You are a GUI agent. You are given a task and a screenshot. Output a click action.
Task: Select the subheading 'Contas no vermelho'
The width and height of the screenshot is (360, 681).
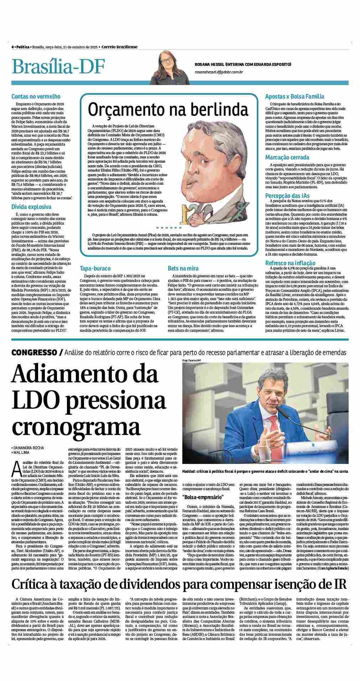click(36, 96)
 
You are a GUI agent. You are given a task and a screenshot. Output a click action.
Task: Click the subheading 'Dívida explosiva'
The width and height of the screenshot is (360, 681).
click(31, 207)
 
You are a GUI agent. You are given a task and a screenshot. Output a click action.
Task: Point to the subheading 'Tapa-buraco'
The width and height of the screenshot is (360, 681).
click(95, 268)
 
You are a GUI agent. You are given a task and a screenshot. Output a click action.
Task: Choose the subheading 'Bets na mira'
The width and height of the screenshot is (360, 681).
click(183, 268)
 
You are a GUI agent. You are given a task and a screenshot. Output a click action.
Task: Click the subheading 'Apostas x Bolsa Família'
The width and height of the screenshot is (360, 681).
click(294, 96)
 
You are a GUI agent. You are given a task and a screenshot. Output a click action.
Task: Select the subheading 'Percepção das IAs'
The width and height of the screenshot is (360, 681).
click(287, 196)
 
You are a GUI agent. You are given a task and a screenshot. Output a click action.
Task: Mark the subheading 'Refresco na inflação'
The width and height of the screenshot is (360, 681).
click(290, 263)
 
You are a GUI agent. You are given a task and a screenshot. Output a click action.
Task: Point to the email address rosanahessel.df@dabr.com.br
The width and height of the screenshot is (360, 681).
click(219, 72)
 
